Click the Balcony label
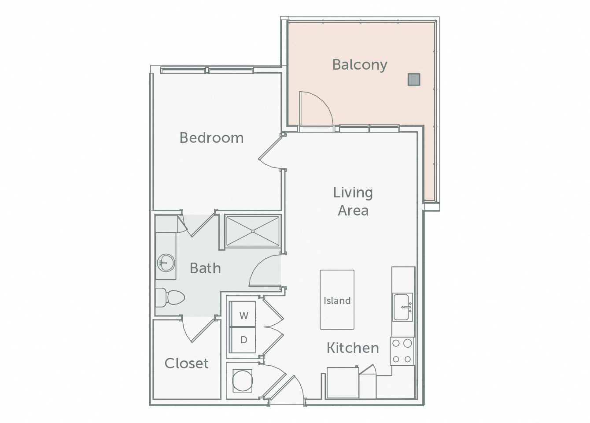pos(359,65)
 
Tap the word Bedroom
pos(211,138)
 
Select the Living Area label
pos(353,201)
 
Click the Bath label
pos(205,268)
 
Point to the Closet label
pos(186,363)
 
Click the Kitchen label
pos(352,348)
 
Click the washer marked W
pos(243,315)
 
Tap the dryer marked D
pos(243,340)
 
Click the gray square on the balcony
pos(413,79)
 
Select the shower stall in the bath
pos(252,231)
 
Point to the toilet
pos(170,297)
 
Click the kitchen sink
pos(402,307)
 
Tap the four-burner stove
pos(402,351)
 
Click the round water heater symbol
pos(242,380)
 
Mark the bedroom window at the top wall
pos(207,70)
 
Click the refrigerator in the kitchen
pos(343,382)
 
